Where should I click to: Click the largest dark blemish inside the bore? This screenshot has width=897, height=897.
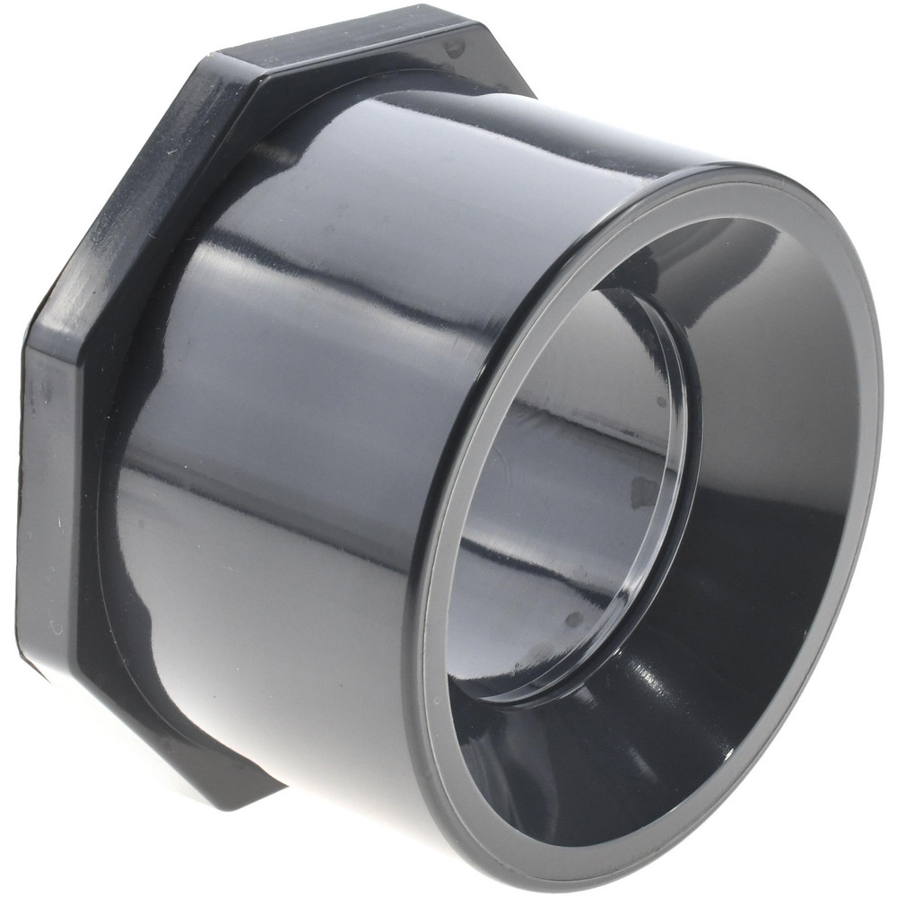point(642,489)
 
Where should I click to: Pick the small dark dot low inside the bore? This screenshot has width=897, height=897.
point(574,619)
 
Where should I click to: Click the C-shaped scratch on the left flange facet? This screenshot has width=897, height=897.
point(56,628)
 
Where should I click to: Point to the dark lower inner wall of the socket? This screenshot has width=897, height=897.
point(628,762)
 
